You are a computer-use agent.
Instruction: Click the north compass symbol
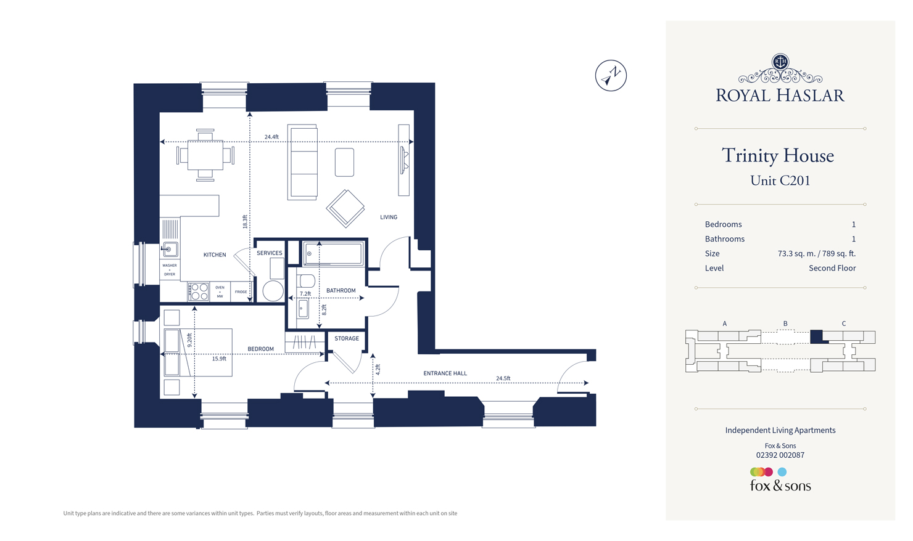click(611, 76)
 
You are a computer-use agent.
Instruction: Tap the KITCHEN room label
click(215, 254)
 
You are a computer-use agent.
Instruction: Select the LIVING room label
click(389, 217)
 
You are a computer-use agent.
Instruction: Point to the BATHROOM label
click(341, 290)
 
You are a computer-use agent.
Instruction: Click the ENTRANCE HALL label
click(445, 373)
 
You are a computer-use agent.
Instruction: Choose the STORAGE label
click(347, 338)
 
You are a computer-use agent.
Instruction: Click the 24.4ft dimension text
click(271, 137)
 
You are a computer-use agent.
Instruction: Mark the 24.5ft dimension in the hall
click(503, 378)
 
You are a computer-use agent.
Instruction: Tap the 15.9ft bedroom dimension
click(219, 359)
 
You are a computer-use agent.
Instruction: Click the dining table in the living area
click(205, 155)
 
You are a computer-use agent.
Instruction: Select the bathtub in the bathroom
click(334, 253)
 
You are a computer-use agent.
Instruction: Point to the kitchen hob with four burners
click(199, 291)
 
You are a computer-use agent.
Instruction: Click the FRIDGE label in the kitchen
click(241, 292)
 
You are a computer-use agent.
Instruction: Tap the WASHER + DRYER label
click(170, 270)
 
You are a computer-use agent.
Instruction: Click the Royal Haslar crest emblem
click(780, 62)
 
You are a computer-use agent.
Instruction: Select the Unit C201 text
click(780, 181)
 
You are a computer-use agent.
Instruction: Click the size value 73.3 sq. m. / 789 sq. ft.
click(816, 253)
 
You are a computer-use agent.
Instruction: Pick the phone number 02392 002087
click(780, 455)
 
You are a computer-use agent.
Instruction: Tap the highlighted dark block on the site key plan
click(816, 336)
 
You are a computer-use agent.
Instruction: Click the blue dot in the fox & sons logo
click(782, 472)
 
